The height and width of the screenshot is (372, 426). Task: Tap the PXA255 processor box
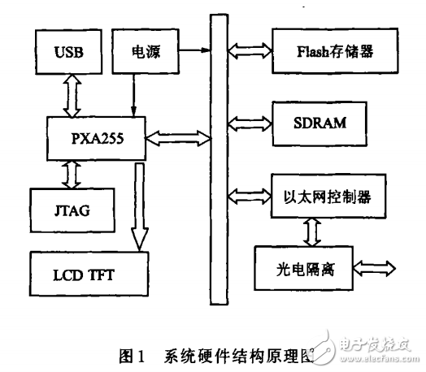point(96,137)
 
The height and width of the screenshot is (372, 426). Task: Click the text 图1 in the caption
point(131,355)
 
